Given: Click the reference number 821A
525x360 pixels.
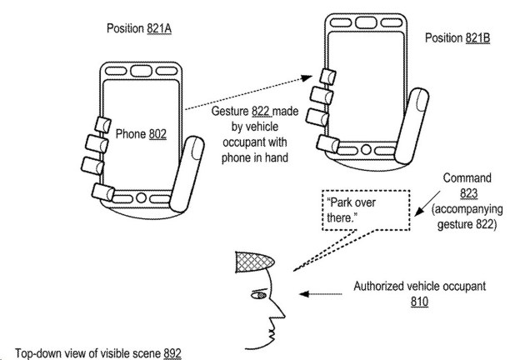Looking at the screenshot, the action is click(159, 28).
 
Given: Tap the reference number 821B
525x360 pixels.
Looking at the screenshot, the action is click(477, 37).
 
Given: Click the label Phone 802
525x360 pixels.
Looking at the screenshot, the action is click(141, 134).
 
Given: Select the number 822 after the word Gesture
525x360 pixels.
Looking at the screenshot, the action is click(262, 111).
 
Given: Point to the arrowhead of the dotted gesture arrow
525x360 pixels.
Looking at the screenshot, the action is click(307, 78).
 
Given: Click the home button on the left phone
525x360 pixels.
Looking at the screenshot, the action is click(141, 197).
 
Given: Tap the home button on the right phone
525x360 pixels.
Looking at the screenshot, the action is click(366, 149).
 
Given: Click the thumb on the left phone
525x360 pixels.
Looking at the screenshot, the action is click(187, 173).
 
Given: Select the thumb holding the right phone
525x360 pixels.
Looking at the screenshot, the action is click(412, 126).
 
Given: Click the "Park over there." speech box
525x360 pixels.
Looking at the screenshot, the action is click(366, 210).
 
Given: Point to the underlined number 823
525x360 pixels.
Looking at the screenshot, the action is click(468, 193).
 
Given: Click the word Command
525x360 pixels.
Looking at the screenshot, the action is click(467, 177).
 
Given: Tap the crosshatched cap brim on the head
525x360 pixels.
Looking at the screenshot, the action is click(254, 262).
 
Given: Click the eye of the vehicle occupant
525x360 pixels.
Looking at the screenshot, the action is click(259, 295).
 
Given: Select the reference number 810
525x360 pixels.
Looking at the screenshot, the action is click(419, 302).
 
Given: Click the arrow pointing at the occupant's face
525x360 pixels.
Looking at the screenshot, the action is click(321, 294).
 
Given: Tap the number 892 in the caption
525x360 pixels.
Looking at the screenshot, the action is click(172, 353).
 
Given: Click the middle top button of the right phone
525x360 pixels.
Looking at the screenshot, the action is click(366, 22).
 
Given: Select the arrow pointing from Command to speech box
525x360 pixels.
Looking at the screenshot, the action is click(427, 203).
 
